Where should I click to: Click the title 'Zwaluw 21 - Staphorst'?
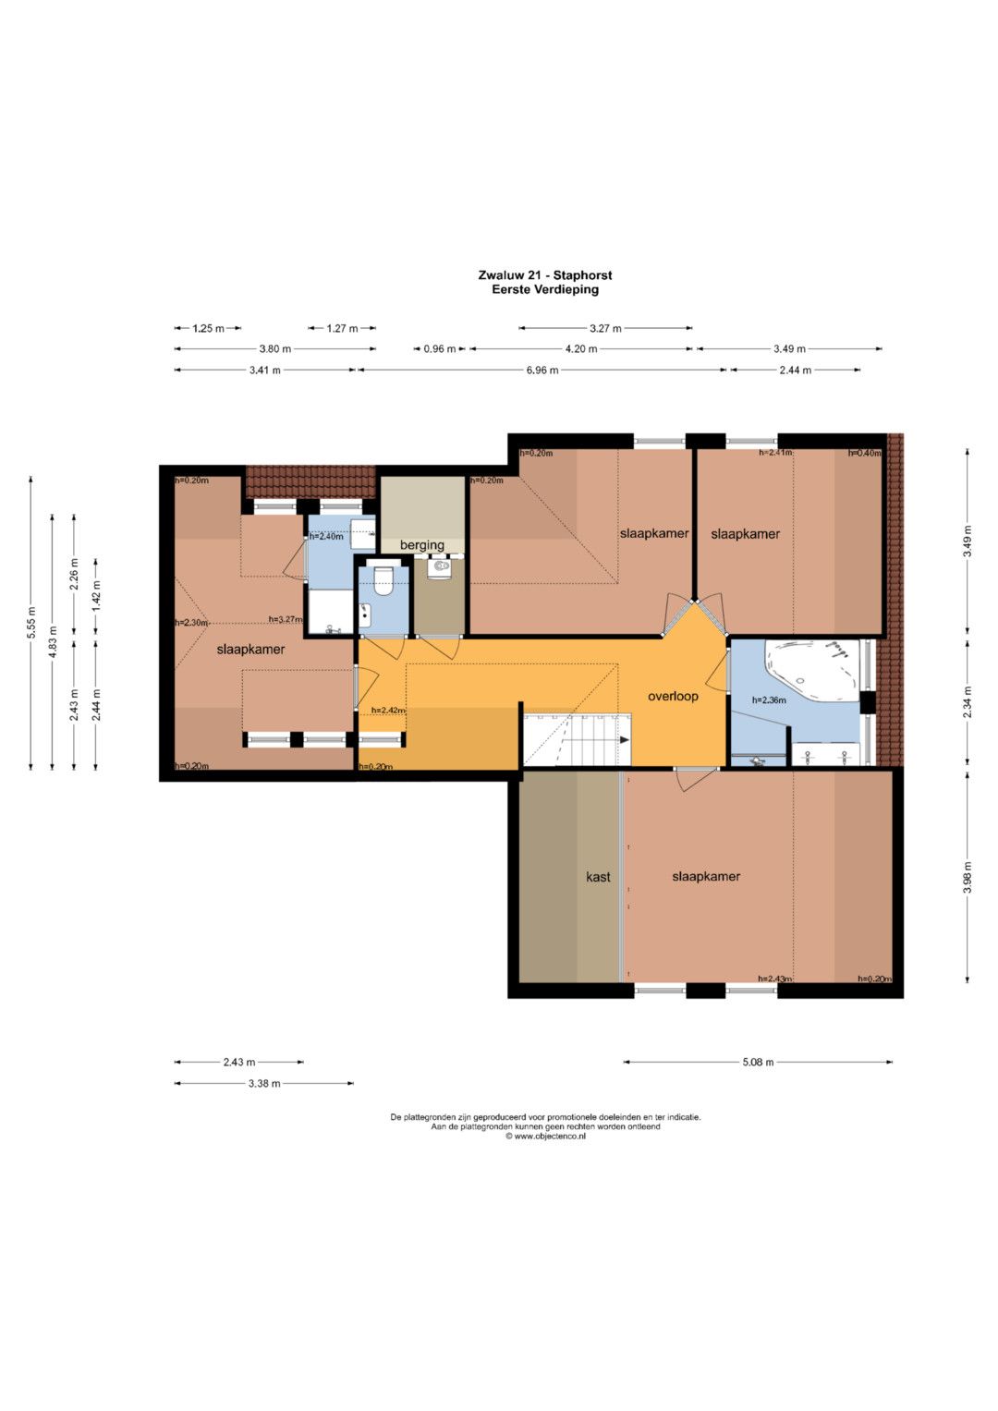pyautogui.click(x=545, y=275)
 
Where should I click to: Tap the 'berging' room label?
pyautogui.click(x=422, y=545)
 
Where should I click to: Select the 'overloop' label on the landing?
pyautogui.click(x=673, y=696)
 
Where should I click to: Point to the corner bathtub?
pyautogui.click(x=812, y=670)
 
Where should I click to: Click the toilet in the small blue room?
pyautogui.click(x=383, y=580)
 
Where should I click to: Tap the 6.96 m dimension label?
pyautogui.click(x=542, y=370)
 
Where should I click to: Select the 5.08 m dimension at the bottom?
pyautogui.click(x=758, y=1062)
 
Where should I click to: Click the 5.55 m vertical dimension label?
pyautogui.click(x=30, y=623)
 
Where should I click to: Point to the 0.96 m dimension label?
pyautogui.click(x=439, y=348)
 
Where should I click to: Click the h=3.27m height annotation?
pyautogui.click(x=286, y=619)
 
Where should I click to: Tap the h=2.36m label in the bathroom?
pyautogui.click(x=769, y=699)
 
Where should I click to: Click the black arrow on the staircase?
pyautogui.click(x=625, y=740)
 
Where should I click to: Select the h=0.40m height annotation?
pyautogui.click(x=864, y=452)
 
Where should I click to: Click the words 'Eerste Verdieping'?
pyautogui.click(x=545, y=290)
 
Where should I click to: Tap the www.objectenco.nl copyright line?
pyautogui.click(x=545, y=1137)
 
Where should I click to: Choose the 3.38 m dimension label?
pyautogui.click(x=264, y=1083)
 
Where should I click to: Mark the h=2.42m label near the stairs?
pyautogui.click(x=388, y=710)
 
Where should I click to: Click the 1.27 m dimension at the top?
pyautogui.click(x=342, y=328)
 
